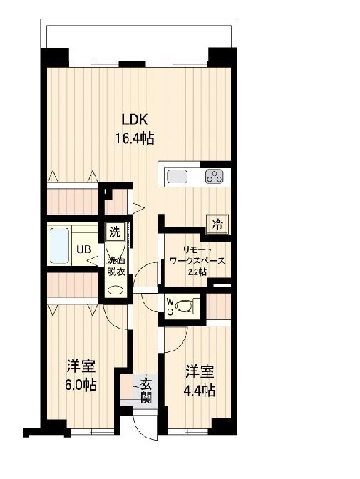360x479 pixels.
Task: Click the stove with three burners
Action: pyautogui.click(x=214, y=176)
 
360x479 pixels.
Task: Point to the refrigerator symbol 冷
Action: pyautogui.click(x=216, y=225)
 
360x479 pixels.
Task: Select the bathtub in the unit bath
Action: pyautogui.click(x=60, y=244)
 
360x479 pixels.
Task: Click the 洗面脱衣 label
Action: pyautogui.click(x=116, y=265)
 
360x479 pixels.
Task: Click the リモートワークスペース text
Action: pyautogui.click(x=196, y=255)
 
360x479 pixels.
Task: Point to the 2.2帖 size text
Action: pyautogui.click(x=197, y=272)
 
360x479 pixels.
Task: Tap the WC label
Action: pyautogui.click(x=170, y=306)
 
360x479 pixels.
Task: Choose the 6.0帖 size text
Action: pyautogui.click(x=82, y=386)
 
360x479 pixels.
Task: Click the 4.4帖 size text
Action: pyautogui.click(x=200, y=391)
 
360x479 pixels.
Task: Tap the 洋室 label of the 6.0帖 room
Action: pyautogui.click(x=81, y=367)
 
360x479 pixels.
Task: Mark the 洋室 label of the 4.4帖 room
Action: pyautogui.click(x=200, y=372)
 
